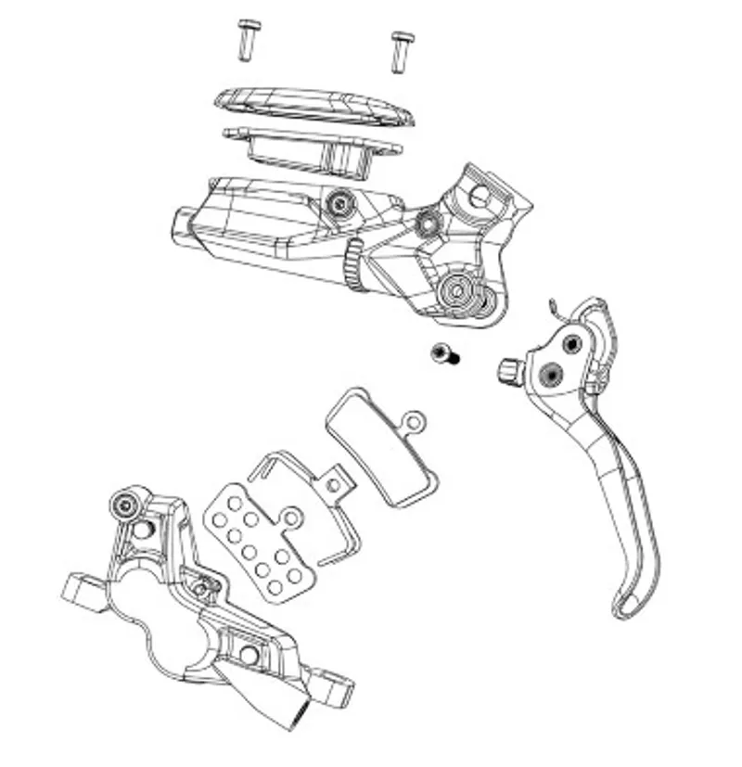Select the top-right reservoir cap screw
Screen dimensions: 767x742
point(402,50)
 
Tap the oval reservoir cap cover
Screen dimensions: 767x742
point(314,108)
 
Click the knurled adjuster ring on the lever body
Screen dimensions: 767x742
point(353,265)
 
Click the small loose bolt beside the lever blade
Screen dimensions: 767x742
point(443,353)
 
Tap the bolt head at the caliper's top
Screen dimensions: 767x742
point(125,504)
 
